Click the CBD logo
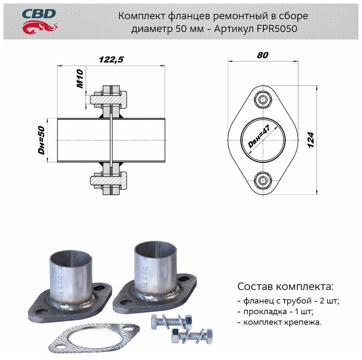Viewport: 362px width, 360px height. point(39,20)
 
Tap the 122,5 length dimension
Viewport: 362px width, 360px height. point(111,60)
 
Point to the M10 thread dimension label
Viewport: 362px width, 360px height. point(80,79)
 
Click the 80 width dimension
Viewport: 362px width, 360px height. point(263,55)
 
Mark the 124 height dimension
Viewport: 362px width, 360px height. point(311,140)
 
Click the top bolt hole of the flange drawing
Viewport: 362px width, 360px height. point(263,100)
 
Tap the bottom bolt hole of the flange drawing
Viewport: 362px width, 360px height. point(263,180)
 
